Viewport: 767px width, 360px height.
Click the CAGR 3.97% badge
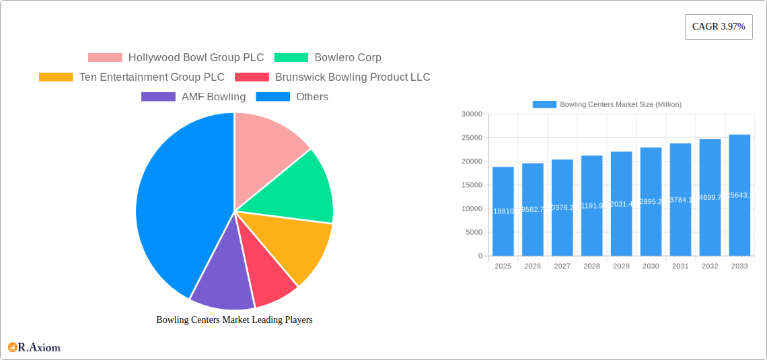pyautogui.click(x=718, y=27)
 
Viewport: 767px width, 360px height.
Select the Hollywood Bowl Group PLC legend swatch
pyautogui.click(x=105, y=58)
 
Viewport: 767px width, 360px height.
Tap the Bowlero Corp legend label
pyautogui.click(x=347, y=58)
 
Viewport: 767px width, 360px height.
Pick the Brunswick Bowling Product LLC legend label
pyautogui.click(x=352, y=77)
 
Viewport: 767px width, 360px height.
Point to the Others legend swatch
pyautogui.click(x=272, y=97)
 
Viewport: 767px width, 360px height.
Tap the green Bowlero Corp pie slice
pyautogui.click(x=296, y=188)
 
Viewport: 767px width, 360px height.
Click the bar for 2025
pyautogui.click(x=503, y=211)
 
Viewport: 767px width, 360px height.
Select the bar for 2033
pyautogui.click(x=739, y=195)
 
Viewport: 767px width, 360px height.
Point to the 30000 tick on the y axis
pyautogui.click(x=472, y=114)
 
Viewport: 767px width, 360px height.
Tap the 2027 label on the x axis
pyautogui.click(x=562, y=266)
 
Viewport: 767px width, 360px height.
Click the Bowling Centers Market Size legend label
pyautogui.click(x=620, y=104)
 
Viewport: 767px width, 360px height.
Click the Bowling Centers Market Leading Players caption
pyautogui.click(x=234, y=320)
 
